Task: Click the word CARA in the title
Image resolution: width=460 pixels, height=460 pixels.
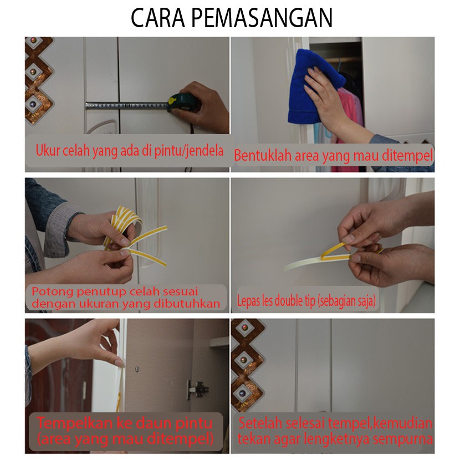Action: click(158, 18)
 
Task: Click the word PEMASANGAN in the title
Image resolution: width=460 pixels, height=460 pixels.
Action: click(262, 18)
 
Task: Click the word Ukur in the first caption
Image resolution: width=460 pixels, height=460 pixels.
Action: click(48, 150)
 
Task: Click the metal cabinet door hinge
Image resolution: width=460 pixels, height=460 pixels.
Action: click(197, 389)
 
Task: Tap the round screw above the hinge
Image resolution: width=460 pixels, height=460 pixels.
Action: click(137, 369)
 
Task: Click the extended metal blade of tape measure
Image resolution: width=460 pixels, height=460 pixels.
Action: click(127, 105)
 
